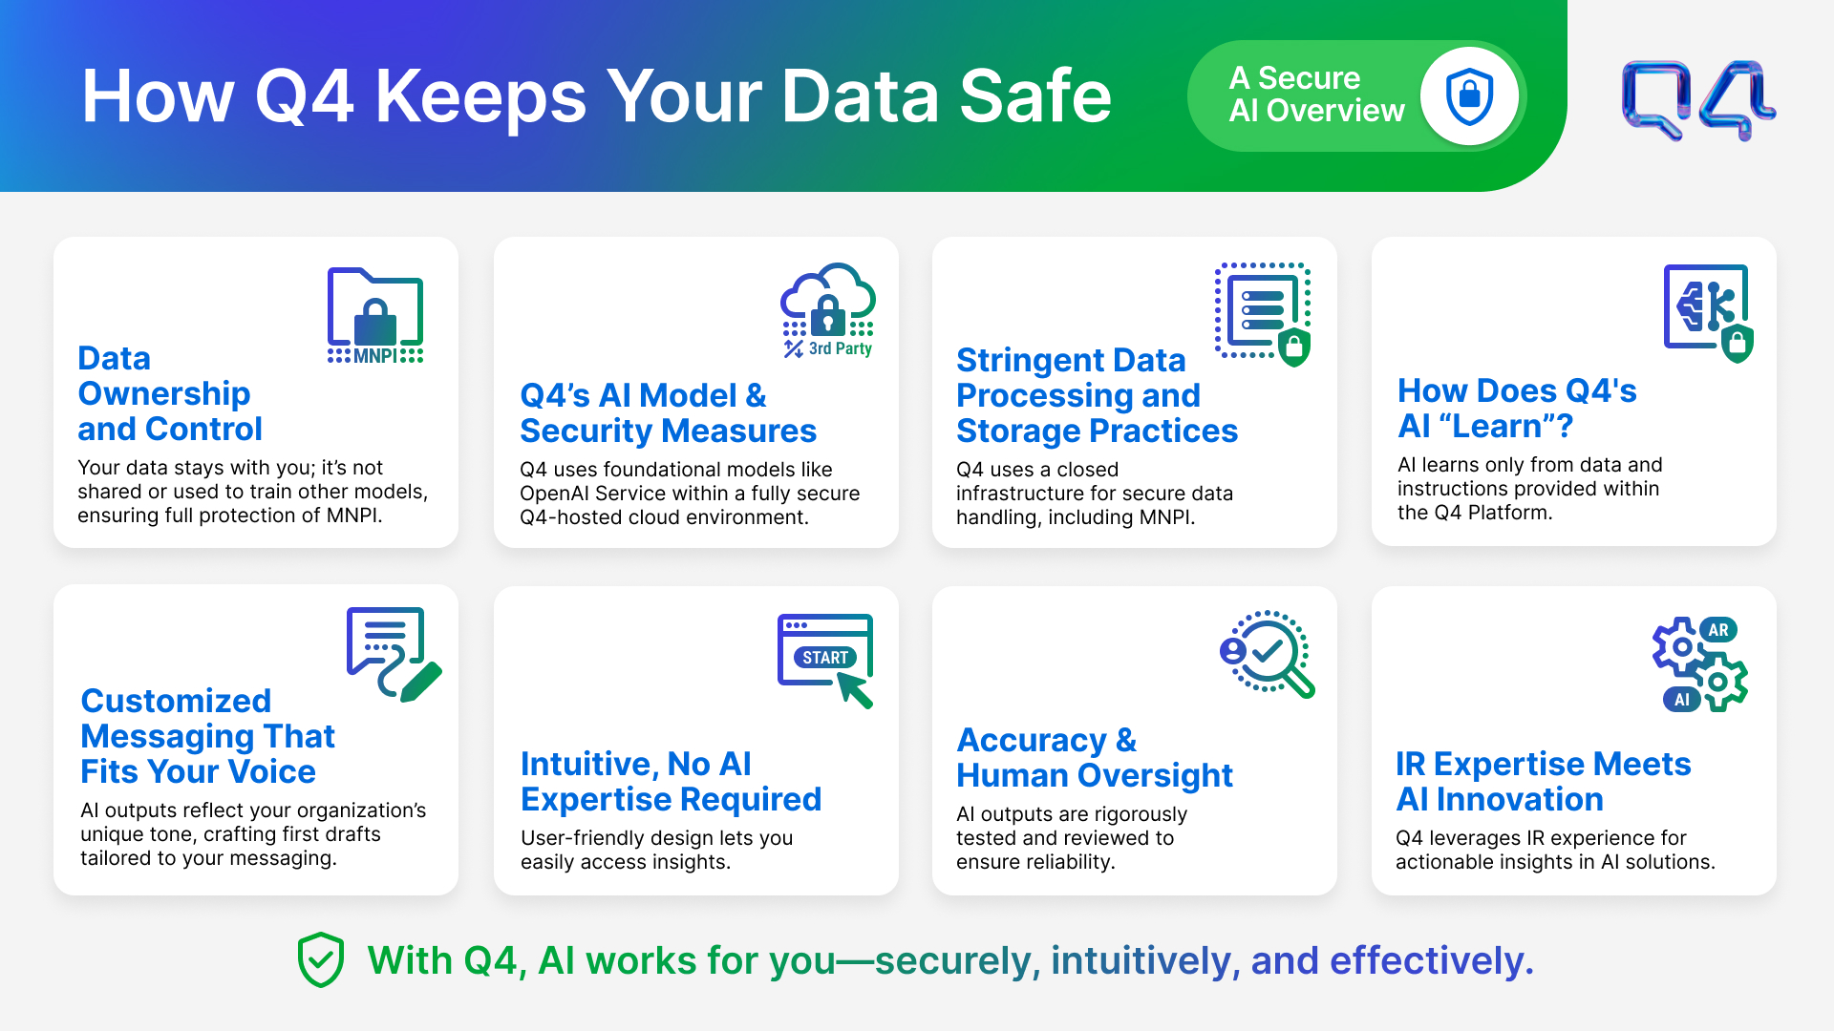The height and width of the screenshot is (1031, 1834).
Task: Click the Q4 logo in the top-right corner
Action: point(1698,100)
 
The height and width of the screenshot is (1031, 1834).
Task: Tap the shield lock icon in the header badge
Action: point(1469,96)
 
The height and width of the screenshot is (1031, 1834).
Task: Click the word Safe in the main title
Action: point(1035,96)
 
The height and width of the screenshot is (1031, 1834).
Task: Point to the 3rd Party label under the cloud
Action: point(841,348)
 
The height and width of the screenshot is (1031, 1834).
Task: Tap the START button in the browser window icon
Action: point(825,658)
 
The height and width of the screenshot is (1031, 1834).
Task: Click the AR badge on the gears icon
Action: point(1718,630)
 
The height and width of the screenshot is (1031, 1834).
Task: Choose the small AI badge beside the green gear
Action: point(1681,700)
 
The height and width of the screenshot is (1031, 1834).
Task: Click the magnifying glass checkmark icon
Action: point(1268,654)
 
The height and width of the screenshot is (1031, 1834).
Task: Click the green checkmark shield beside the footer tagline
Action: point(321,959)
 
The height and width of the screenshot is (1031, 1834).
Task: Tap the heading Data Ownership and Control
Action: point(170,393)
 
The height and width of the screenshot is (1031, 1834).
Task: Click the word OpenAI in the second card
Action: point(554,494)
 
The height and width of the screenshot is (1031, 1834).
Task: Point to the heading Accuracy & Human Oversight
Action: point(1095,758)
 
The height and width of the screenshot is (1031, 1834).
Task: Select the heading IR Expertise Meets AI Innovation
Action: point(1544,782)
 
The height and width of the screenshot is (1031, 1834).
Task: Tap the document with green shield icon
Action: point(1263,314)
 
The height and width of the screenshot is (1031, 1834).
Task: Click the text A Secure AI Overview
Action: point(1316,95)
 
